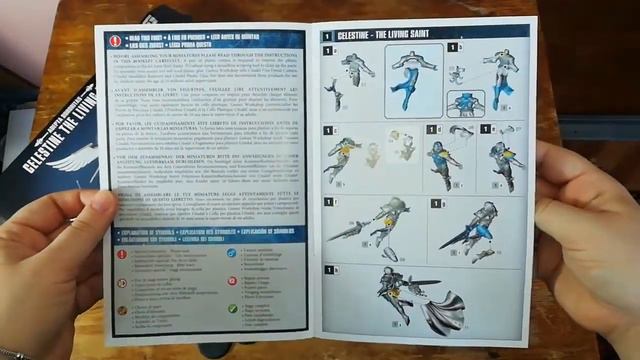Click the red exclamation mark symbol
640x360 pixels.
[123, 255]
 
